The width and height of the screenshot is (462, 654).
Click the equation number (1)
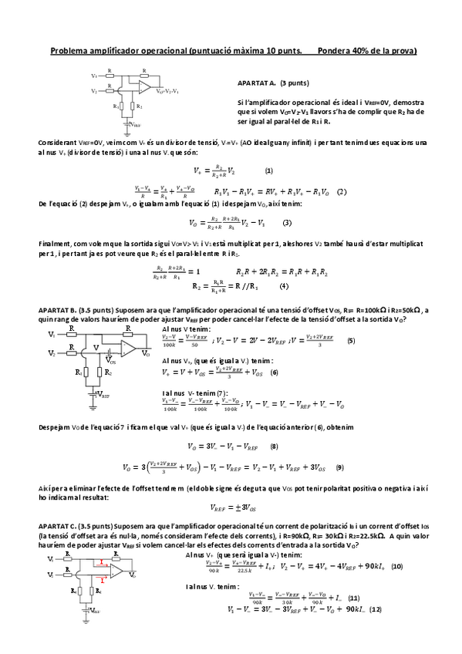pos(268,170)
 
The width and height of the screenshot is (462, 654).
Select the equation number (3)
pos(287,223)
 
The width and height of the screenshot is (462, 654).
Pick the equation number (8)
pos(273,446)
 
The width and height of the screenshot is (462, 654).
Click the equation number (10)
pos(396,566)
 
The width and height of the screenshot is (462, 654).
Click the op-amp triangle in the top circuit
pos(144,86)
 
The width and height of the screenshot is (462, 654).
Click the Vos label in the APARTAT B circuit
pos(113,360)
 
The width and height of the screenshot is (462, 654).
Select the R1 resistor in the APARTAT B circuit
pos(87,372)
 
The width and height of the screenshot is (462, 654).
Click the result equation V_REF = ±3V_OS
pos(232,507)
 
